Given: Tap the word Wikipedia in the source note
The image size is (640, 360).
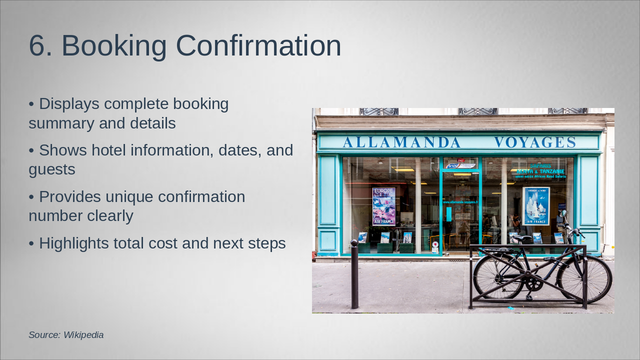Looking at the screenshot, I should [83, 335].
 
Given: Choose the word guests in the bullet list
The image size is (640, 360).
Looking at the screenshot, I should [52, 169].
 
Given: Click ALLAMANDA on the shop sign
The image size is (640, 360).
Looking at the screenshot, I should [401, 142].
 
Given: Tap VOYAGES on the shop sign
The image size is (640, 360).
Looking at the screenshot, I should [535, 142].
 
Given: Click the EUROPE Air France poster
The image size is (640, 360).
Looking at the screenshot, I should [383, 206].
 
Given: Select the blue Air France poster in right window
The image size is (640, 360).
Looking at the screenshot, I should [536, 205].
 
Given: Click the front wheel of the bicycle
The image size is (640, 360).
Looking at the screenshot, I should [584, 277].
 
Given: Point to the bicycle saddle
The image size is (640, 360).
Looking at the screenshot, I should [522, 239].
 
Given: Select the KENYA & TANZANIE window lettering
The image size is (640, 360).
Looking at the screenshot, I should [540, 171].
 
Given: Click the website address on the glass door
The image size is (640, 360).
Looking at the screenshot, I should [460, 202].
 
